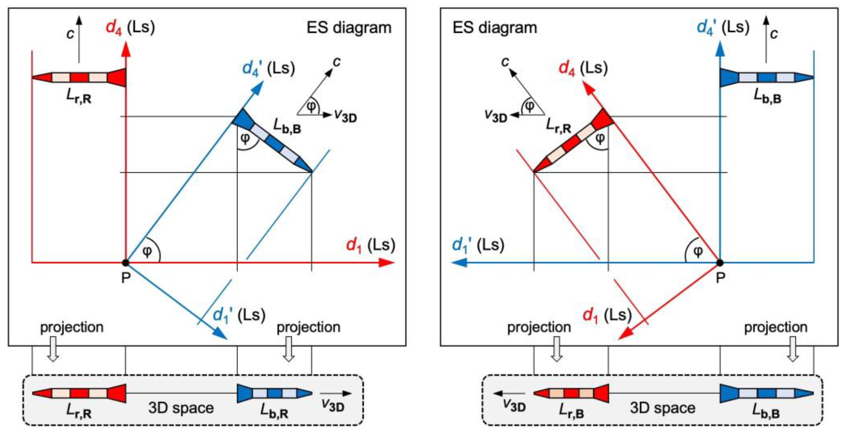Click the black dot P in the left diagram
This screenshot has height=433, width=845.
coord(125,262)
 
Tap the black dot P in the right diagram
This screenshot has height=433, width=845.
coord(720,262)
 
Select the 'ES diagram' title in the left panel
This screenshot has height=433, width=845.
coord(349,27)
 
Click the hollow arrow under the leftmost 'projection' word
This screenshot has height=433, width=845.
coord(53,349)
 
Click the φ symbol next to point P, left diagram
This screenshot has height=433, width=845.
coord(147,252)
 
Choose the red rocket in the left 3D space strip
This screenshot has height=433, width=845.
coord(79,393)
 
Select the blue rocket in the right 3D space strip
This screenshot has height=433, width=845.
coord(767,393)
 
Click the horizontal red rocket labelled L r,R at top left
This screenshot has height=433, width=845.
coord(79,78)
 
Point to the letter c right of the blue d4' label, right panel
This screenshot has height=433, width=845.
coord(774,33)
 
